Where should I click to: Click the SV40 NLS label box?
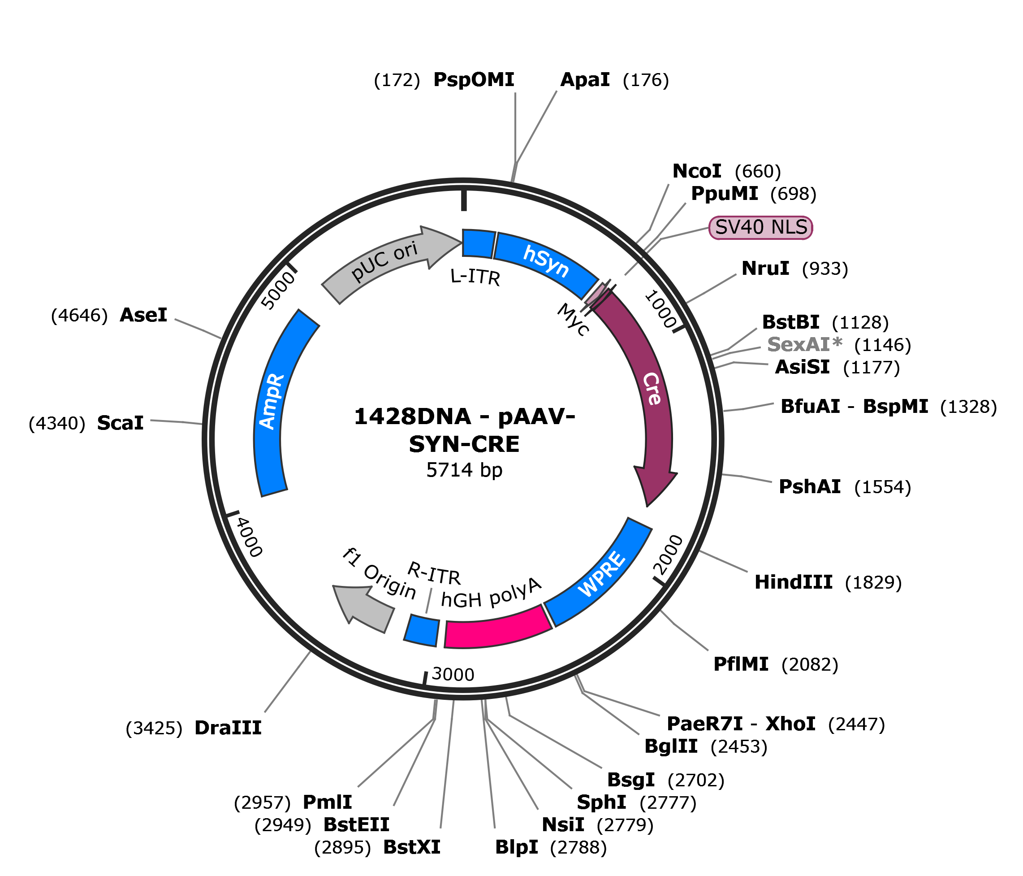click(x=760, y=227)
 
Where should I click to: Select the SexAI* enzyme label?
click(x=804, y=344)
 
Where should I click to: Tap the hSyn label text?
click(x=546, y=260)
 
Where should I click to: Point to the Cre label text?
click(x=652, y=389)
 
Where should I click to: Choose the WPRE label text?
click(x=602, y=574)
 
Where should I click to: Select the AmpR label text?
click(x=272, y=401)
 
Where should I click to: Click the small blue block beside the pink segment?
click(x=422, y=630)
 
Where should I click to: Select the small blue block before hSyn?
click(x=478, y=243)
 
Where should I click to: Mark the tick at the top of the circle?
click(x=464, y=200)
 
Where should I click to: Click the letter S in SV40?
click(x=721, y=227)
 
